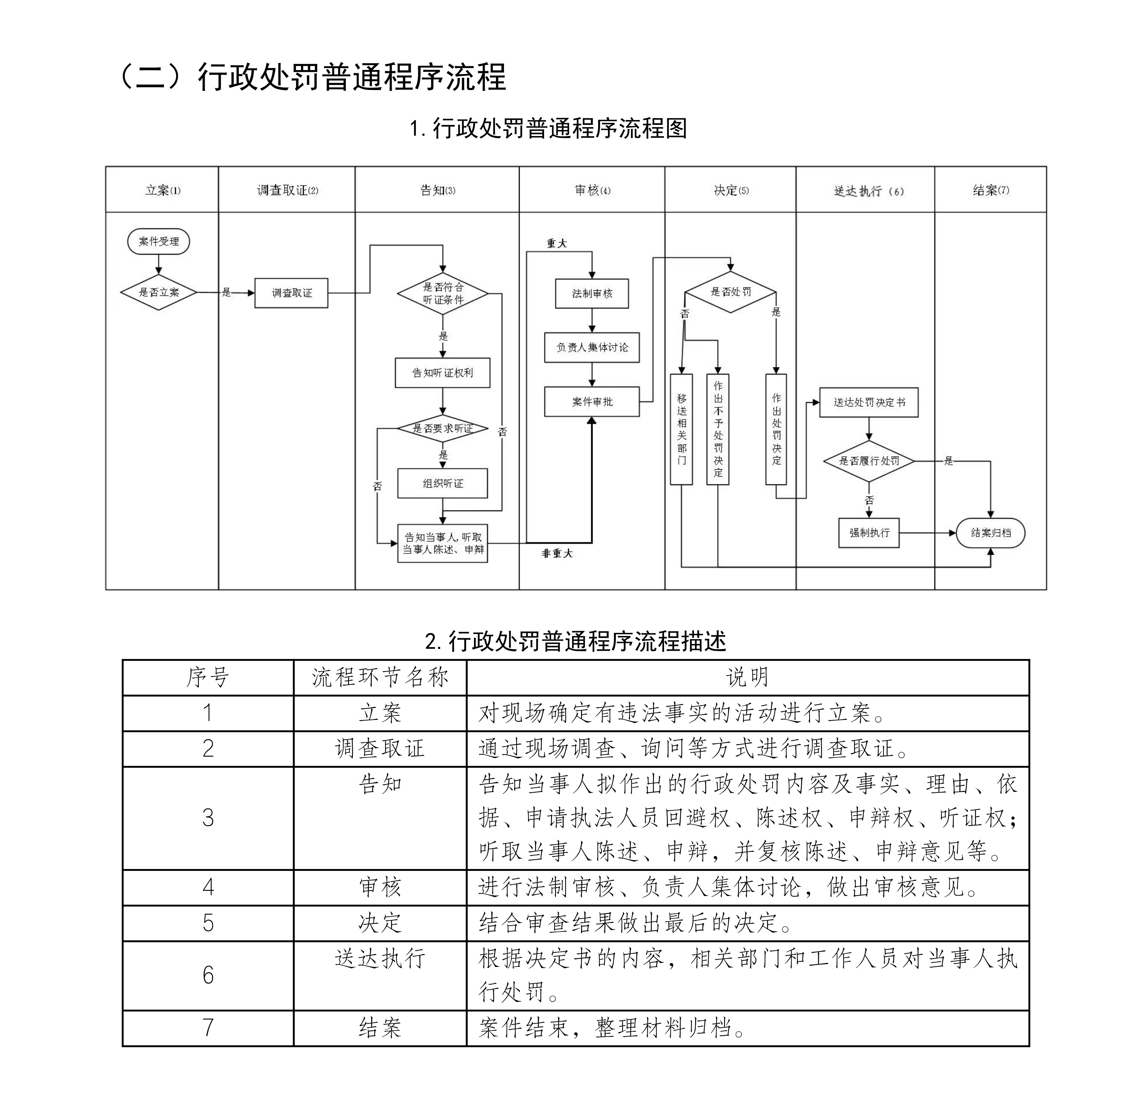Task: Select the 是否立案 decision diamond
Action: tap(158, 292)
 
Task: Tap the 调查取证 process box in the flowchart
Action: tap(291, 292)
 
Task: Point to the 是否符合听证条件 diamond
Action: tap(443, 293)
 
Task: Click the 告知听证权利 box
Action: tap(443, 373)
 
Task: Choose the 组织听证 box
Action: tap(443, 483)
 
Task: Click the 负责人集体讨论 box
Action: tap(592, 347)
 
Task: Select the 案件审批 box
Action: tap(592, 402)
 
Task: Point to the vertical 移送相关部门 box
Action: tap(682, 429)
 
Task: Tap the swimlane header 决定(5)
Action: tap(731, 190)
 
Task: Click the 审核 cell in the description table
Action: tap(380, 887)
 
